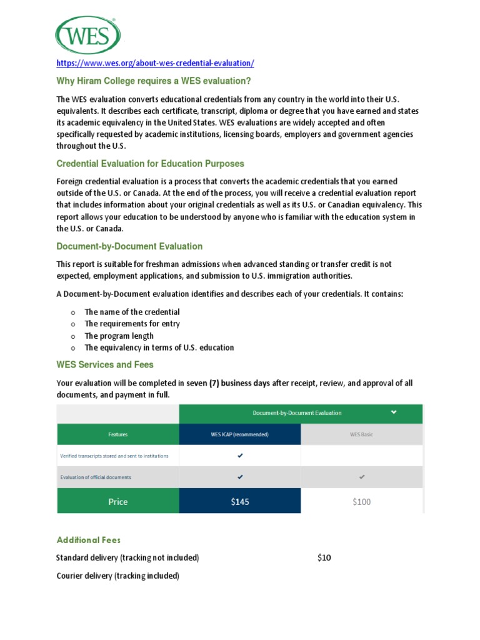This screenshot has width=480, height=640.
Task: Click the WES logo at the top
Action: click(88, 35)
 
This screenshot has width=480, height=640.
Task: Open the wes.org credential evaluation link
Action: click(155, 64)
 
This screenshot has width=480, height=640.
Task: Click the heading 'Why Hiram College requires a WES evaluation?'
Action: click(149, 81)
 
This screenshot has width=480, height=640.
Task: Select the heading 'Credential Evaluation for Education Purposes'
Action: click(150, 164)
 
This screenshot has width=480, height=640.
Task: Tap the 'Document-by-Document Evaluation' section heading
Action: click(129, 246)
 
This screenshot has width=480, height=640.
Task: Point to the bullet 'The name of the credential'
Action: click(132, 312)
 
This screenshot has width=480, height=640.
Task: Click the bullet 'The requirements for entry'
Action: click(132, 324)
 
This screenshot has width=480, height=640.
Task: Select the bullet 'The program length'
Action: click(119, 336)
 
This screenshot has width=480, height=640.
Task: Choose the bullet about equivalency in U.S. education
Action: click(159, 347)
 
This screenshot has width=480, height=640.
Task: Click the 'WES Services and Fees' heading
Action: click(105, 364)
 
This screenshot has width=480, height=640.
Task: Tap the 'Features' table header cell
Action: click(117, 434)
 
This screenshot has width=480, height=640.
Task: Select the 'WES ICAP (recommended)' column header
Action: click(239, 434)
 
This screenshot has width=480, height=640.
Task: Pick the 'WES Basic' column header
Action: click(362, 434)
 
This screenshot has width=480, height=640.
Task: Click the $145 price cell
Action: click(239, 501)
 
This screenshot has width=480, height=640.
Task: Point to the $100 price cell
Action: click(362, 501)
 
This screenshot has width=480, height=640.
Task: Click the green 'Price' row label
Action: click(117, 501)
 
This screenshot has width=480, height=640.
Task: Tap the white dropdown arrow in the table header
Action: click(394, 412)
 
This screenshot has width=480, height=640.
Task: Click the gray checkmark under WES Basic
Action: click(362, 477)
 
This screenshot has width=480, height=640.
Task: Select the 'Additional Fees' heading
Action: click(89, 540)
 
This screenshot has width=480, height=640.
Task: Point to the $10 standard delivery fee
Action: click(324, 557)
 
